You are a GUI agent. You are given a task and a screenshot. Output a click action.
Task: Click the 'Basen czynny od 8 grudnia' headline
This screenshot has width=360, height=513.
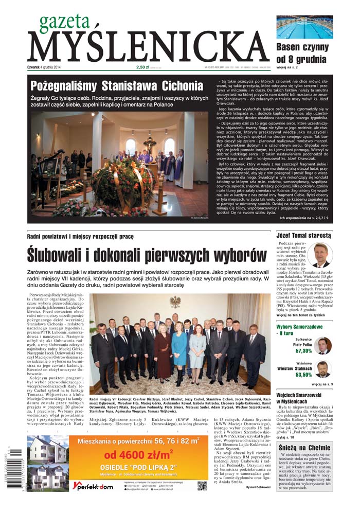point(302,54)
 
